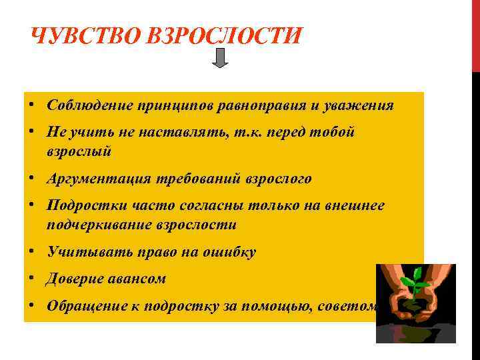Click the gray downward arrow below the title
click(x=221, y=59)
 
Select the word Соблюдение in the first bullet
click(x=89, y=105)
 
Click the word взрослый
click(x=79, y=151)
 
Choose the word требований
click(x=201, y=179)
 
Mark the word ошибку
click(x=230, y=252)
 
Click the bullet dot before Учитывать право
click(x=32, y=252)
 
